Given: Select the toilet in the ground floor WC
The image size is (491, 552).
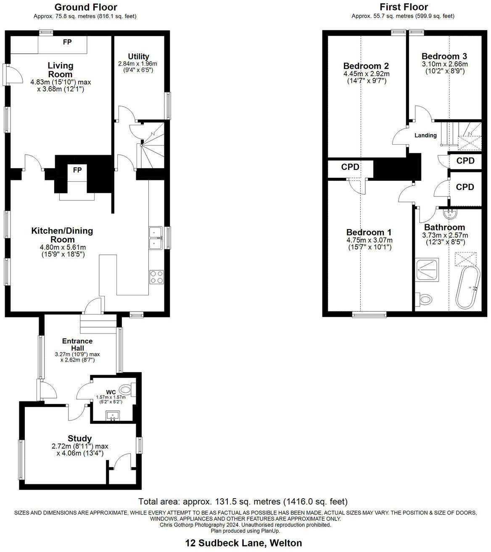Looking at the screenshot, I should (x=127, y=389).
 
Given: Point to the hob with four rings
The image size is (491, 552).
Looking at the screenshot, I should (x=156, y=277).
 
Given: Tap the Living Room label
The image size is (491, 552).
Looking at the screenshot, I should (x=61, y=70).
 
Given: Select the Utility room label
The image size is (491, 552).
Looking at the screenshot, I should (x=138, y=56).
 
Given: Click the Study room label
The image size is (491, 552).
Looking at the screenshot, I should (x=80, y=438).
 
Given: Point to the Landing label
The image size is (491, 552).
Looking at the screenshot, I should (x=425, y=135).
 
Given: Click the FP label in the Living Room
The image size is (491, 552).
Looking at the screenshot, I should (x=67, y=42).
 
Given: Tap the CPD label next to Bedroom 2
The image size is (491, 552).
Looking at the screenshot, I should (x=350, y=167).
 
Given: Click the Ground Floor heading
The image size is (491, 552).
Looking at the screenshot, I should (x=86, y=7).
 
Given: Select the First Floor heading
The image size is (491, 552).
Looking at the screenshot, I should (x=404, y=7).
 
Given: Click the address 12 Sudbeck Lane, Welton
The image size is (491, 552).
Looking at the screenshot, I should (x=243, y=543).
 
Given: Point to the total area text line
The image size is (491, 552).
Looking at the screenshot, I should (x=243, y=502).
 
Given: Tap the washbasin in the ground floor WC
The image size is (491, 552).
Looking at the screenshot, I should (x=112, y=416).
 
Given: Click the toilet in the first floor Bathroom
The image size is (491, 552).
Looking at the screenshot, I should (x=425, y=299).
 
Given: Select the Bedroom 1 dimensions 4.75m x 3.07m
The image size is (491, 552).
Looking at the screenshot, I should (x=369, y=240).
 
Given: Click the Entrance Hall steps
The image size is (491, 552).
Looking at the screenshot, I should (x=98, y=324).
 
